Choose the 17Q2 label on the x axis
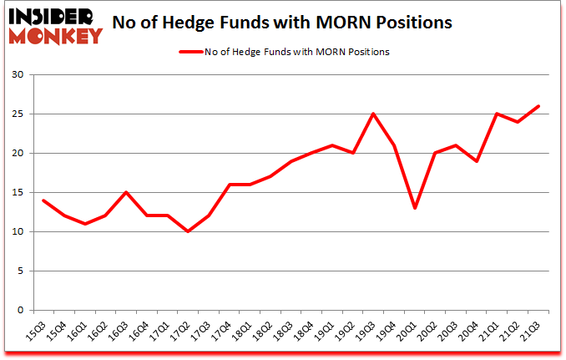tap(184, 332)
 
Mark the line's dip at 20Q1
tap(415, 208)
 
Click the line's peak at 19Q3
tap(374, 114)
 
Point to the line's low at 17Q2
tap(188, 231)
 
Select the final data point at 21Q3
tap(538, 106)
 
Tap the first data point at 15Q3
tap(43, 200)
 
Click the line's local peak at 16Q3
tap(126, 192)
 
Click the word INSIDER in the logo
tap(57, 15)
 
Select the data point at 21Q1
tap(498, 114)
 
